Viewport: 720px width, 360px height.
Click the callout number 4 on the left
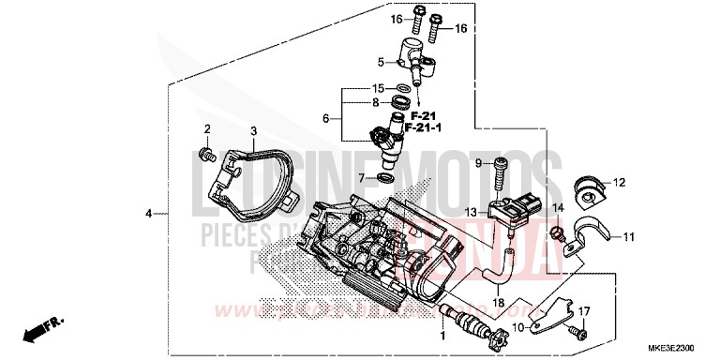coord(148,214)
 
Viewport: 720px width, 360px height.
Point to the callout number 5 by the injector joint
coord(381,63)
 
